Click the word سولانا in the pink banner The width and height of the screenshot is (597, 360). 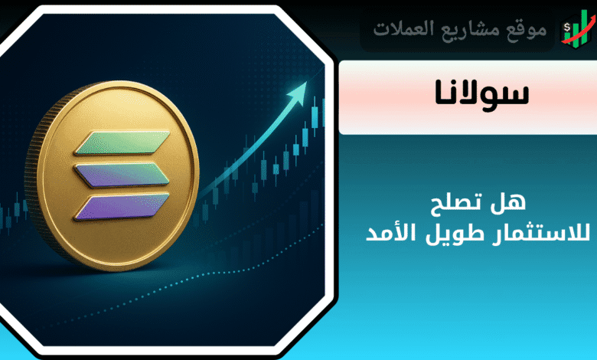pyautogui.click(x=482, y=93)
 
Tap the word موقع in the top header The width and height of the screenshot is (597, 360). pyautogui.click(x=527, y=29)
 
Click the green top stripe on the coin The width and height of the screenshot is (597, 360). pyautogui.click(x=122, y=142)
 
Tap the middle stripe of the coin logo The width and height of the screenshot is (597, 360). pyautogui.click(x=122, y=175)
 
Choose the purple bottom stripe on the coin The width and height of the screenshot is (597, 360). pyautogui.click(x=122, y=208)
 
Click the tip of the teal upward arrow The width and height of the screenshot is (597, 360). pyautogui.click(x=306, y=82)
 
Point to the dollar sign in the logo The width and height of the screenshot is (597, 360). pyautogui.click(x=567, y=28)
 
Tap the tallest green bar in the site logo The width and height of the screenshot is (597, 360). pyautogui.click(x=584, y=28)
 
